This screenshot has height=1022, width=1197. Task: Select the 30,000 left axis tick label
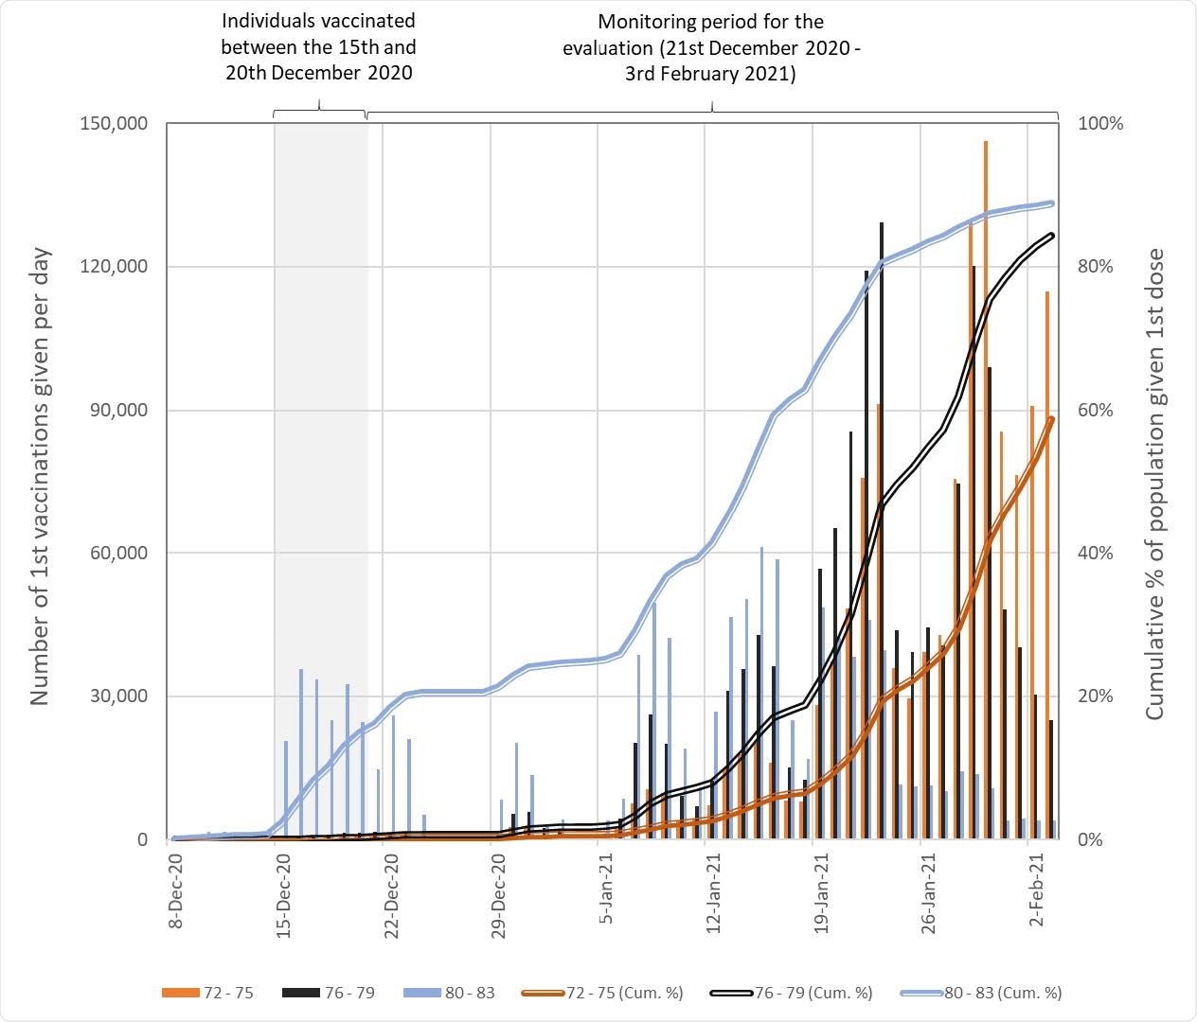118,696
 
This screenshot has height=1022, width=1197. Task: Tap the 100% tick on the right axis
1100,124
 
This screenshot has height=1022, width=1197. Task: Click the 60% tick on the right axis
1097,410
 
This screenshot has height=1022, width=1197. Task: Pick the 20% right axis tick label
1097,696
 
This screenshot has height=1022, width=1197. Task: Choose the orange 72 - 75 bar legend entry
207,993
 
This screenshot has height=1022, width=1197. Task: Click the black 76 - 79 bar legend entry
328,993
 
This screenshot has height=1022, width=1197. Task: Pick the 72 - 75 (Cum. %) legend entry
602,993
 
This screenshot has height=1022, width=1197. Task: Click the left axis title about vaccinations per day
40,478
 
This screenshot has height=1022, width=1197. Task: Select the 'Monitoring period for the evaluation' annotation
710,47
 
